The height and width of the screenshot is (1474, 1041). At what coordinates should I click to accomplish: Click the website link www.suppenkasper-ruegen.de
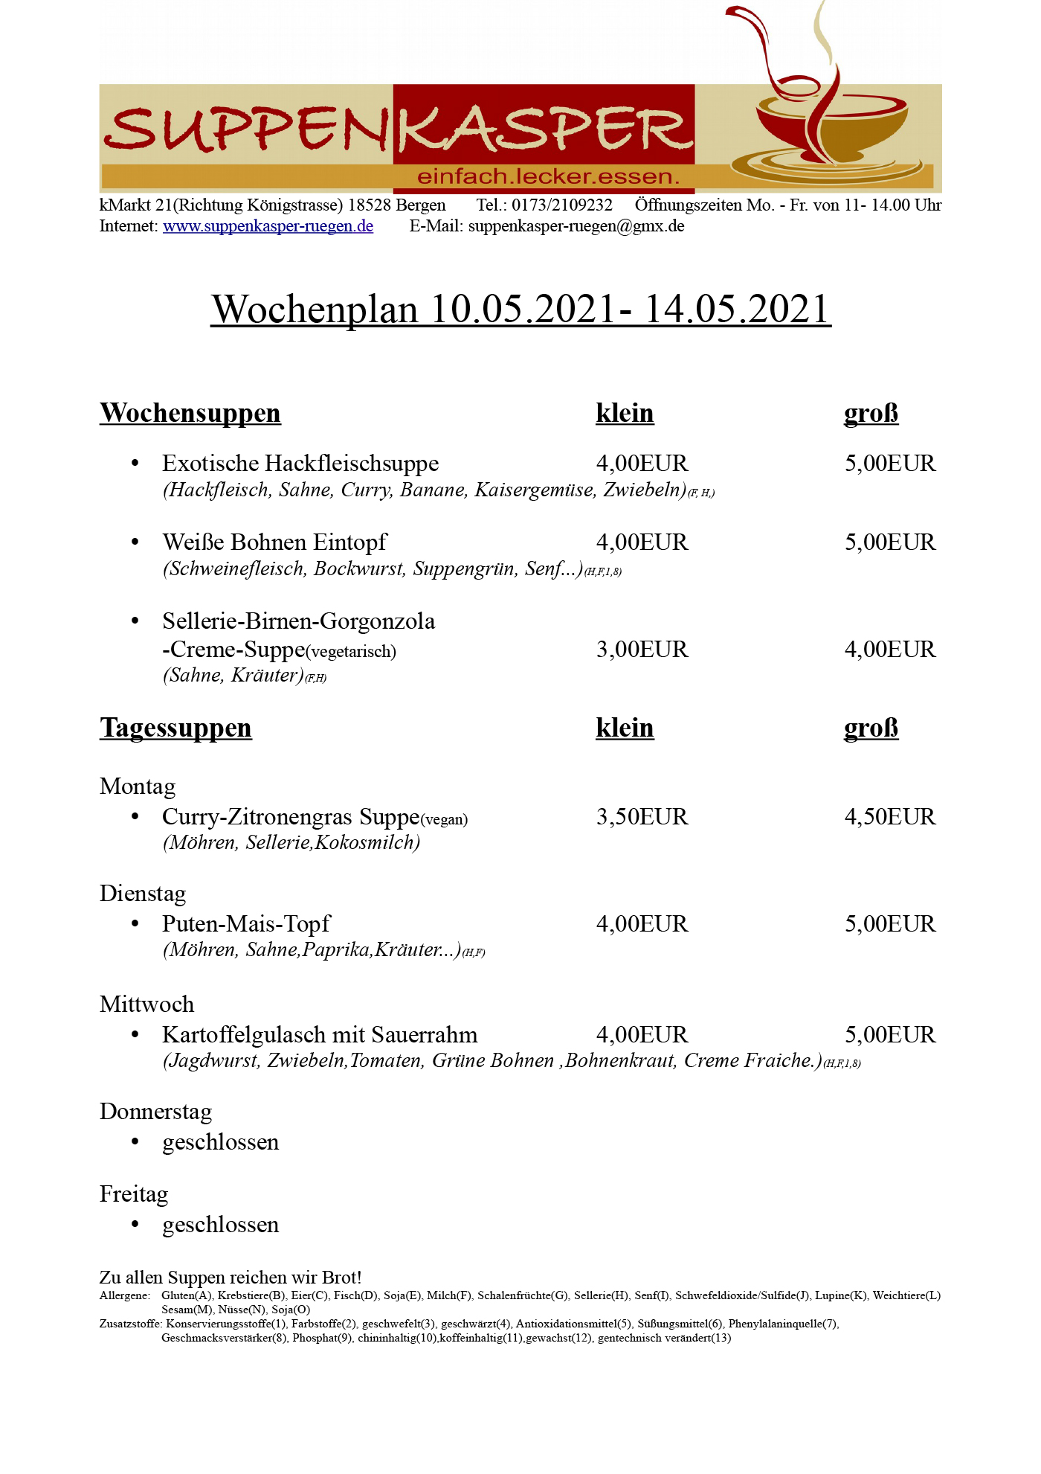point(268,226)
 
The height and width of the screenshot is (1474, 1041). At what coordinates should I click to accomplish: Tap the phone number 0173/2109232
point(562,205)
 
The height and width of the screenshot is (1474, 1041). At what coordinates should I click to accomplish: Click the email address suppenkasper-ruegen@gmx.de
point(576,226)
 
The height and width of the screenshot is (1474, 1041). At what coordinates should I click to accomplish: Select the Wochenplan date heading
point(520,309)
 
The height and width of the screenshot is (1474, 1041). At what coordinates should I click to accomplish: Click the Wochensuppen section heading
point(190,413)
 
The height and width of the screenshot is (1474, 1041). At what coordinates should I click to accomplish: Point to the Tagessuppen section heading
point(175,728)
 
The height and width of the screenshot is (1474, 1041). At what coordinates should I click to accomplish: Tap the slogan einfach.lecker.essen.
point(549,177)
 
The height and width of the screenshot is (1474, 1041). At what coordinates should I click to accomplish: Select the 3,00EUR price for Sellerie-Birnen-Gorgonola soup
point(642,650)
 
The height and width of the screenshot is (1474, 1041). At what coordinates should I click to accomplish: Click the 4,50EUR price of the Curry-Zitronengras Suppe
point(890,817)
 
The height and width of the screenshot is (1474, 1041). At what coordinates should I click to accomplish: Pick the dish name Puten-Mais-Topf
point(246,924)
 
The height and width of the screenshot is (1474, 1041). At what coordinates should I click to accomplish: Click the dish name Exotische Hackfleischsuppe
point(300,464)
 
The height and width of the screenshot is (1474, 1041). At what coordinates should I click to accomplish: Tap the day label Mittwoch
point(146,1004)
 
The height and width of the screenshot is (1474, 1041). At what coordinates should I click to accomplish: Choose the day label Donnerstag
point(155,1112)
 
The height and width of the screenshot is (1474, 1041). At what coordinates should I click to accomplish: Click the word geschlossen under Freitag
point(221,1225)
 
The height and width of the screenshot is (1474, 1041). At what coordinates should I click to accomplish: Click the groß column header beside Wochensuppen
point(871,413)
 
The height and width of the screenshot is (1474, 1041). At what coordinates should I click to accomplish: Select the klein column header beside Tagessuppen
point(625,728)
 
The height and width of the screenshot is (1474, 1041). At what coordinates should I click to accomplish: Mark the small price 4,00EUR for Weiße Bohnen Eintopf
point(642,542)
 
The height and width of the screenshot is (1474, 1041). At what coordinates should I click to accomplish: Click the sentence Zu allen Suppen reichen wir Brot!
point(231,1278)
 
